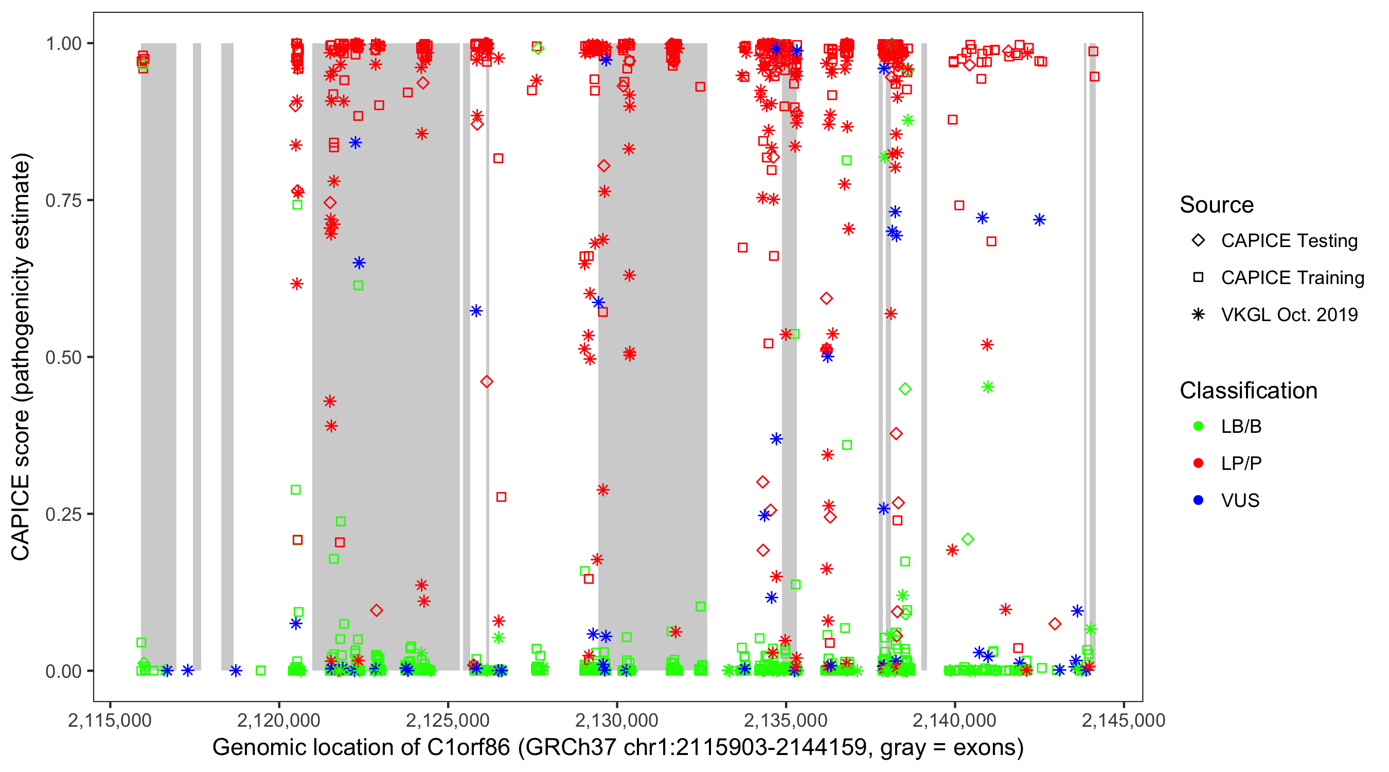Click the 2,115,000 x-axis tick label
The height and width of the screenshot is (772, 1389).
[110, 720]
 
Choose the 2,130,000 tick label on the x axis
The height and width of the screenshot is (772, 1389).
[617, 720]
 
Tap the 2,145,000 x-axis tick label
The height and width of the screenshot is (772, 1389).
[1124, 720]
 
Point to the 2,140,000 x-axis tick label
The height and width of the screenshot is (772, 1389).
[955, 720]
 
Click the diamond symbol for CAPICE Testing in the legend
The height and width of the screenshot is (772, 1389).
[1198, 241]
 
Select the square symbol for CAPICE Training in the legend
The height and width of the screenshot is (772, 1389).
[1198, 278]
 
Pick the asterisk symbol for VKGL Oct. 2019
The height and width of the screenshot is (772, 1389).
[1198, 314]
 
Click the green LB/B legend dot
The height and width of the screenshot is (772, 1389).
[1198, 426]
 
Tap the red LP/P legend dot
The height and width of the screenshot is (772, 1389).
[1198, 463]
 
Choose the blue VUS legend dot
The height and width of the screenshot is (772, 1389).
[1198, 500]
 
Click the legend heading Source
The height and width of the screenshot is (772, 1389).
[1217, 205]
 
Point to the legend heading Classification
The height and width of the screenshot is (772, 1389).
[1248, 391]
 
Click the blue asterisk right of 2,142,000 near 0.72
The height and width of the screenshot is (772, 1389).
[1040, 220]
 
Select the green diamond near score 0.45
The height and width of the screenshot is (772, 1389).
[905, 389]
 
